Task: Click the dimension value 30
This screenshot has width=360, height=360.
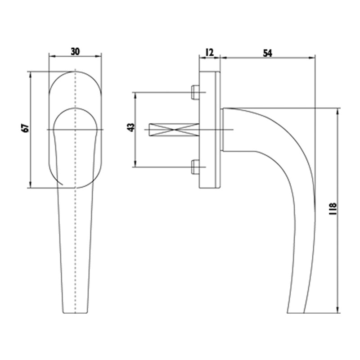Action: click(x=75, y=52)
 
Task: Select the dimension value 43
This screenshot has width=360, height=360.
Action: click(x=131, y=127)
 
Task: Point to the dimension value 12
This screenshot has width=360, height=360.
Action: click(x=209, y=53)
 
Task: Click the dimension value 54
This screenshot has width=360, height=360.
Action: click(x=267, y=53)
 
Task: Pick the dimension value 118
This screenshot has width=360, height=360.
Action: click(x=333, y=208)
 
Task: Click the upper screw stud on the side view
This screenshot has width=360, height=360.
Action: click(x=195, y=92)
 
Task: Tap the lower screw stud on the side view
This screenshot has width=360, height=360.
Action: click(x=195, y=167)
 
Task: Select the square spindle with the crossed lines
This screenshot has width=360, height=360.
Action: click(x=174, y=130)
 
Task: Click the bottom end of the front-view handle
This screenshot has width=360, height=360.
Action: click(x=75, y=313)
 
